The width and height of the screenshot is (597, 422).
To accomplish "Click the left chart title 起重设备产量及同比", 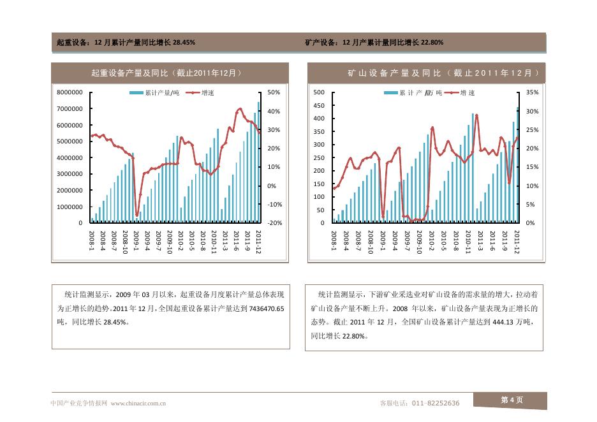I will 166,73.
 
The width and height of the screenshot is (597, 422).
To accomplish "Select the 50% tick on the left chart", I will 274,92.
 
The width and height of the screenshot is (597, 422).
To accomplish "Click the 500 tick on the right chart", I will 319,92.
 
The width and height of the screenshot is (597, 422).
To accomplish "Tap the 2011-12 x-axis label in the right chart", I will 516,242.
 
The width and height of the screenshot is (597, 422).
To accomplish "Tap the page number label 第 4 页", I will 512,400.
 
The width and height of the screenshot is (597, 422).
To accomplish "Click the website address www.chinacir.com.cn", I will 139,403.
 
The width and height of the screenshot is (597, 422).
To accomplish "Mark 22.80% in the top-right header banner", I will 431,43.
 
